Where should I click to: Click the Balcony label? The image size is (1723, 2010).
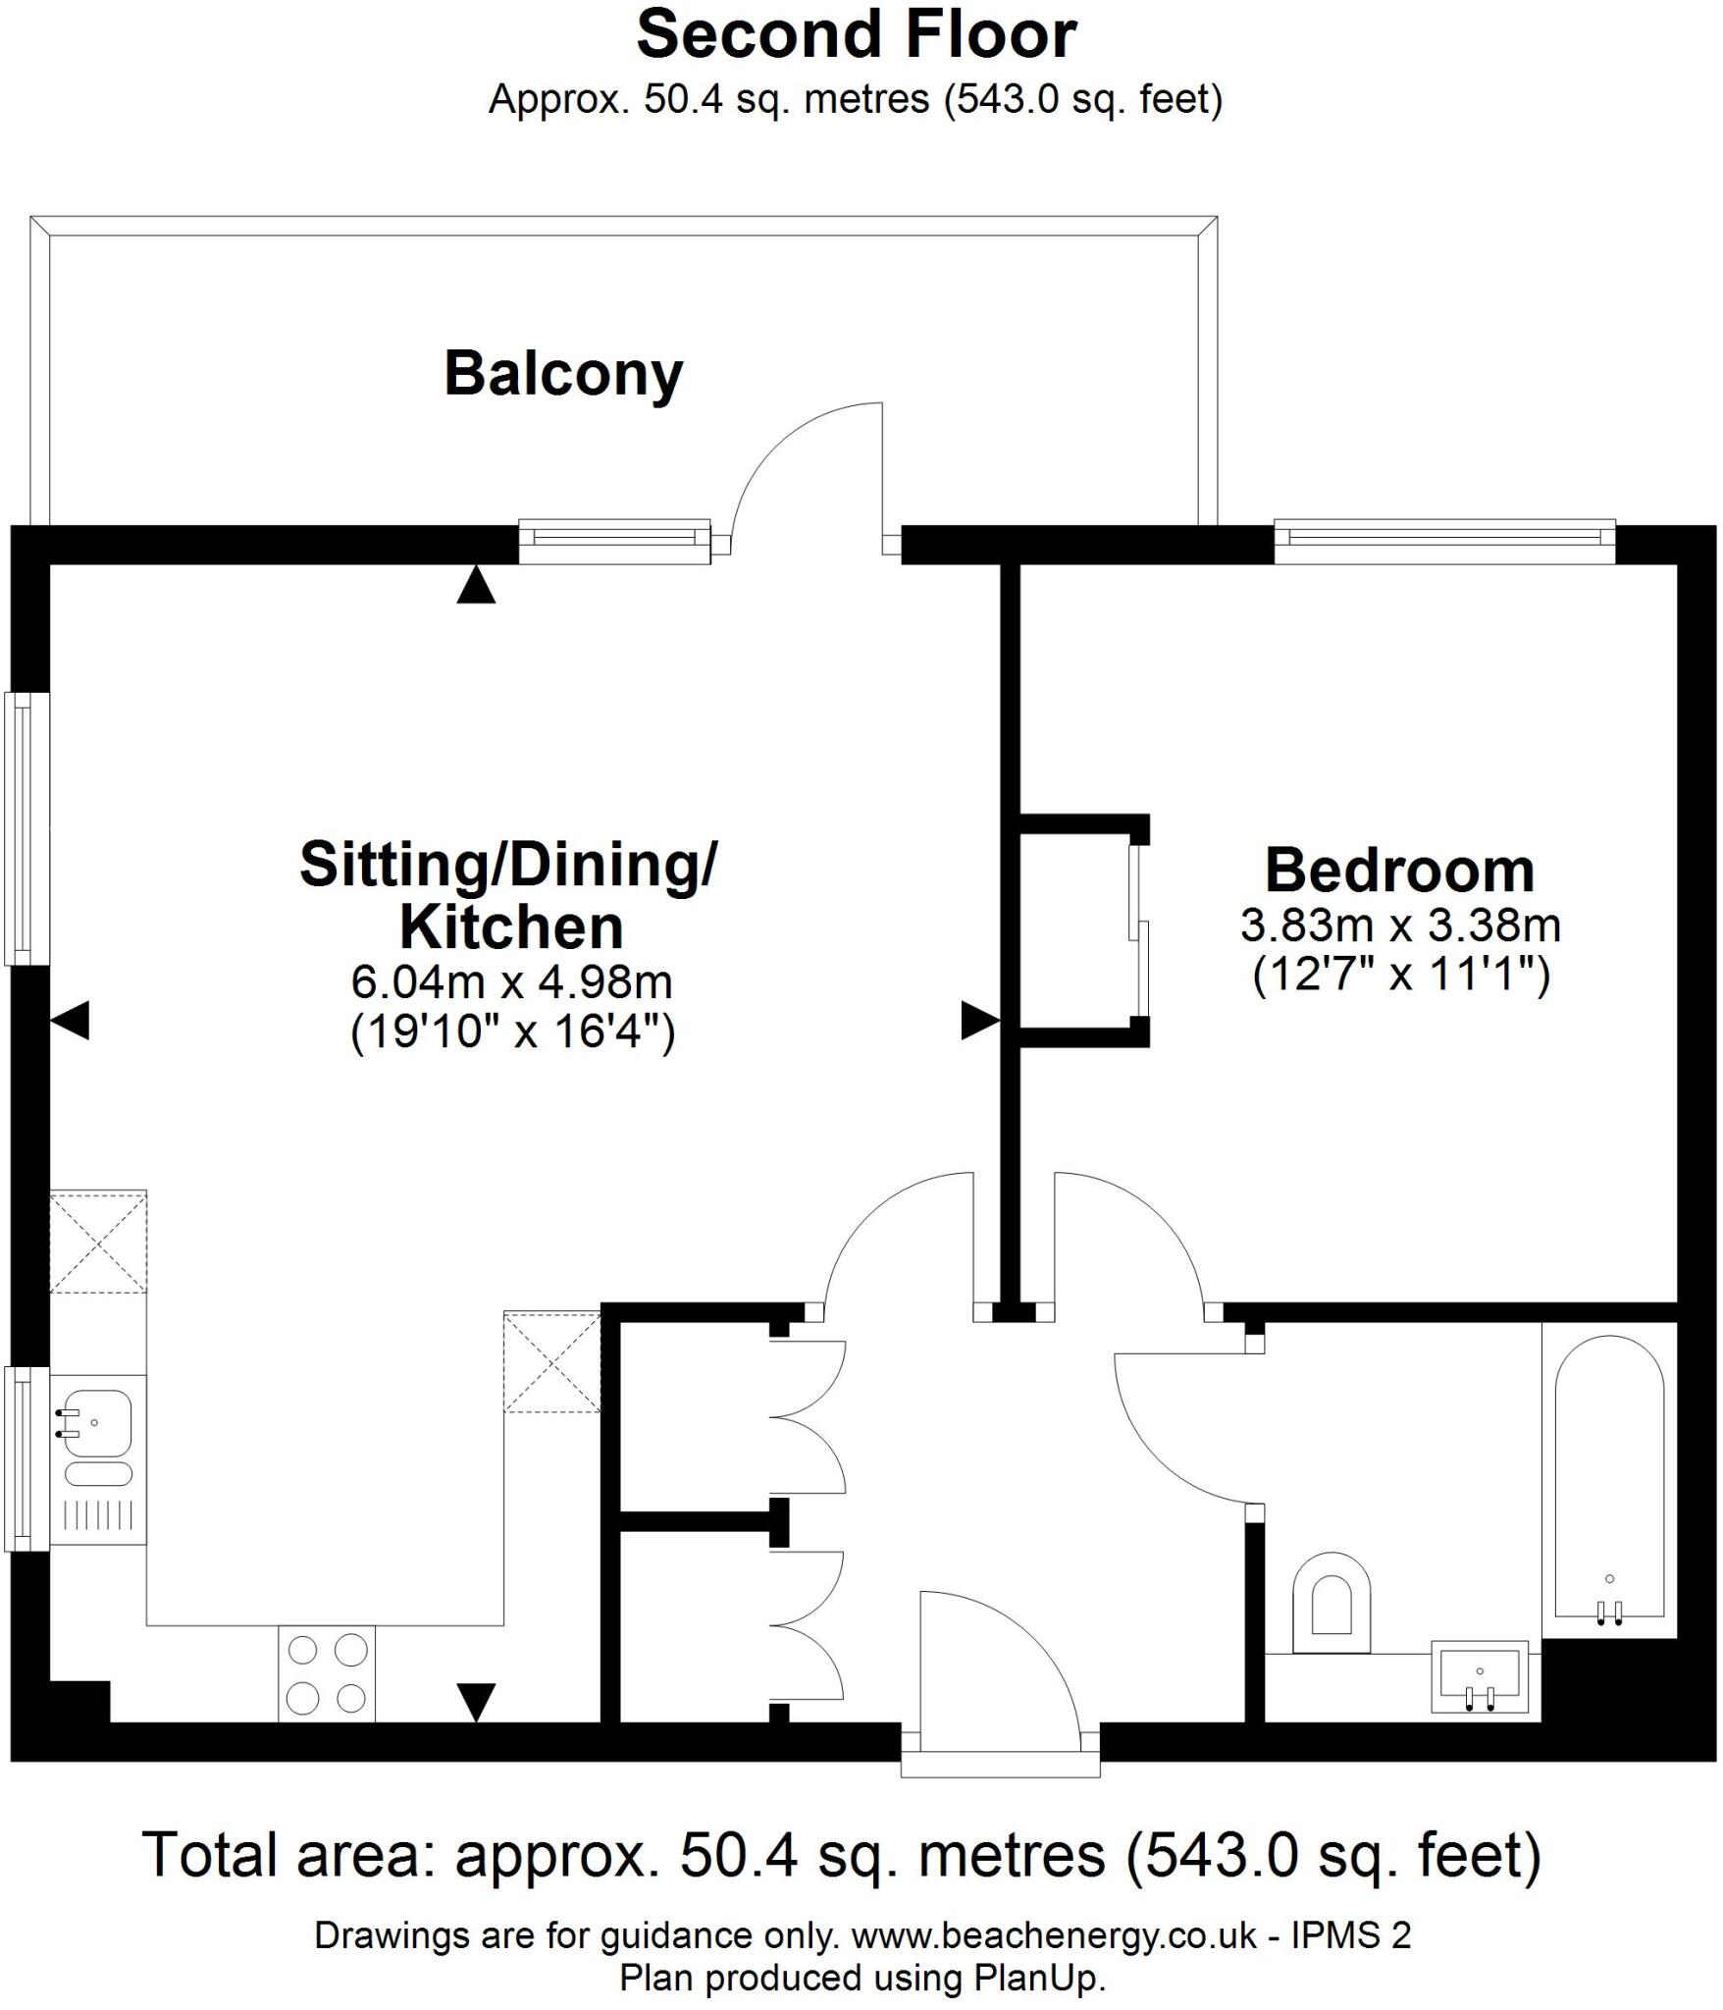(563, 374)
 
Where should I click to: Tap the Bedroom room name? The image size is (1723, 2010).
(1399, 871)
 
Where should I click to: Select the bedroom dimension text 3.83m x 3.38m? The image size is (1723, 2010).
(1400, 925)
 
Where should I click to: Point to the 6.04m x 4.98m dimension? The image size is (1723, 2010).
(511, 980)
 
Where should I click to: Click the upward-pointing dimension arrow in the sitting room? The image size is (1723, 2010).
(476, 585)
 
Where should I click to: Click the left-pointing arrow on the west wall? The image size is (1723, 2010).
(71, 1021)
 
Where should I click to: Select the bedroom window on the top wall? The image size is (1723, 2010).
(1444, 541)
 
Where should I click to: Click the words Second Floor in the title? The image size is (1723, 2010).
(857, 35)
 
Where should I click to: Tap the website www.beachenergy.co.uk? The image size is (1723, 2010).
(1054, 1934)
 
